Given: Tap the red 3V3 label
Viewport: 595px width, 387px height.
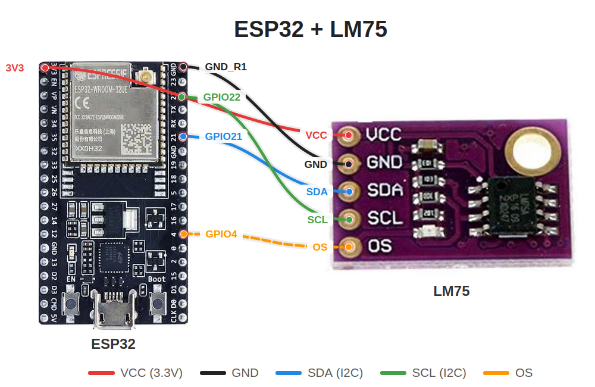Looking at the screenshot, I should [x=15, y=68].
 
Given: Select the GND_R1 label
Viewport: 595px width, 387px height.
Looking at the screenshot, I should [x=226, y=67].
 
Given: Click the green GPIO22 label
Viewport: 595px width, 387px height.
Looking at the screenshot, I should [x=222, y=96].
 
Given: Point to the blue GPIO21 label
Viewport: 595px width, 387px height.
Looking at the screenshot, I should [x=224, y=136].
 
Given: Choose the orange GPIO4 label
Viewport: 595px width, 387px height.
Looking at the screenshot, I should [x=221, y=234].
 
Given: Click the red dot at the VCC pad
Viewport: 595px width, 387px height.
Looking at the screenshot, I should [x=349, y=135].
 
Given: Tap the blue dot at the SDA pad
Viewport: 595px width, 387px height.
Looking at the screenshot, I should [x=349, y=191].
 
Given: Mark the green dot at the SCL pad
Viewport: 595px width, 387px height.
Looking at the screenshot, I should [x=349, y=220].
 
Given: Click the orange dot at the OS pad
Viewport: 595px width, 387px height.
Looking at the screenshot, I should [x=349, y=246].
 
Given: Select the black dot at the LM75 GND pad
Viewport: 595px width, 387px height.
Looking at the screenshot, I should [x=349, y=163].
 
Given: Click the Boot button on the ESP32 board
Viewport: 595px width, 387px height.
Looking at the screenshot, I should [x=158, y=304].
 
